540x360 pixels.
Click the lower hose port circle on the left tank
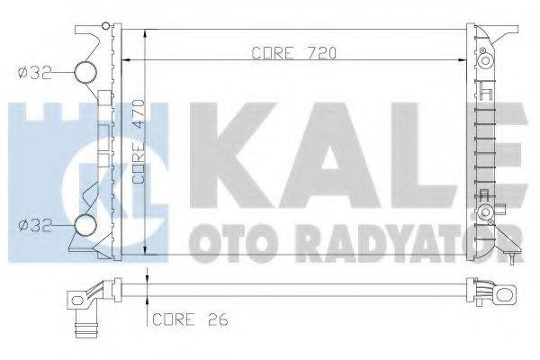[x=85, y=226]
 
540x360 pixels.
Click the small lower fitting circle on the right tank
[x=487, y=213]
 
